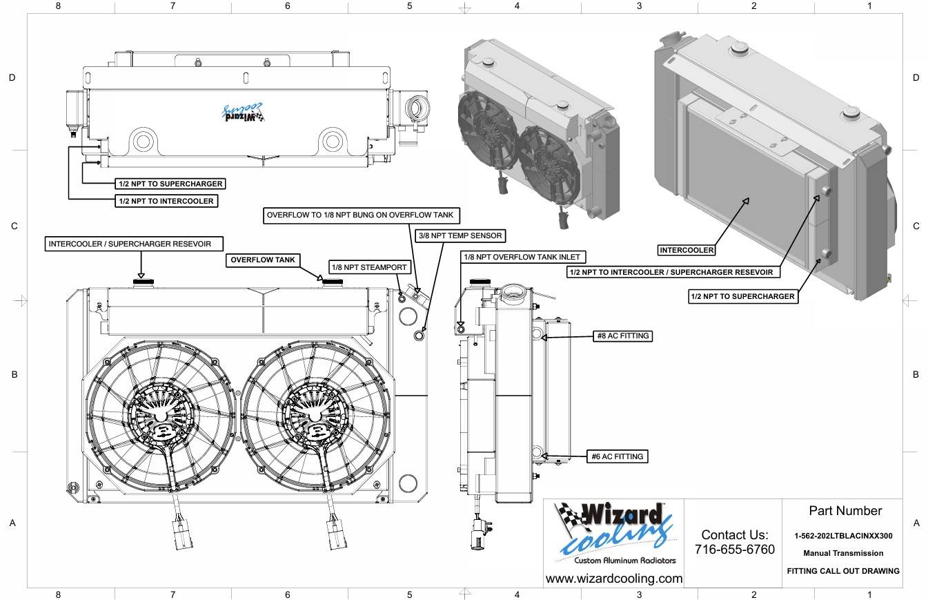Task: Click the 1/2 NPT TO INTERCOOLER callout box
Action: click(166, 201)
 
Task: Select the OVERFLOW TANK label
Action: click(263, 260)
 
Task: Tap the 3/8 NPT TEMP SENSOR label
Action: click(460, 235)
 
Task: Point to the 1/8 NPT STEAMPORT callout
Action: click(369, 267)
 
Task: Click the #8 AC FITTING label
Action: click(622, 336)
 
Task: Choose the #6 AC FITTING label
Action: click(618, 456)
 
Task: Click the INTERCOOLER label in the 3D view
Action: click(687, 250)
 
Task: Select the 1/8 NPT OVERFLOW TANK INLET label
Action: click(523, 257)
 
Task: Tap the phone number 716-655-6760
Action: click(735, 549)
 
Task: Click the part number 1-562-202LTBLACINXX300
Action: click(843, 536)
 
